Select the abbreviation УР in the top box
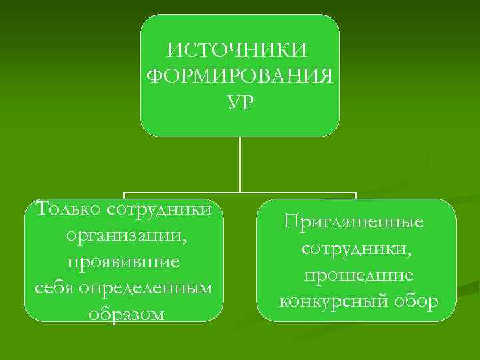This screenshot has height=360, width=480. coord(239,103)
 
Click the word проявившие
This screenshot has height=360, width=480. coord(123,262)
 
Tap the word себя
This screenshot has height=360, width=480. coord(54,288)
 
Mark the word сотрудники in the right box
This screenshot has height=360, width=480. coord(354,248)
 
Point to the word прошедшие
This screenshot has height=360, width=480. coord(358,275)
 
